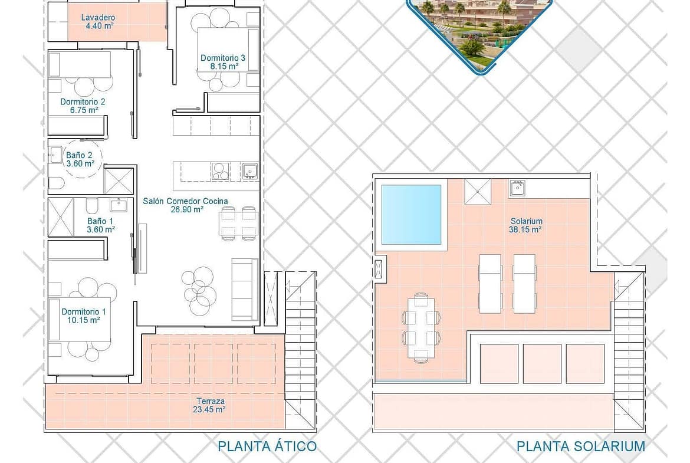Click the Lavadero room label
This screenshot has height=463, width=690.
coord(98,18)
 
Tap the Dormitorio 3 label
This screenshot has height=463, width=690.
coord(223,58)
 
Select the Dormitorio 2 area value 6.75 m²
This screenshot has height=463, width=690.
coord(84,110)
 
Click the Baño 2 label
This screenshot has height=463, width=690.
coord(79,155)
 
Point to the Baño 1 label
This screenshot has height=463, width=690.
coord(100,221)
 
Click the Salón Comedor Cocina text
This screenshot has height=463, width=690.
coord(185,201)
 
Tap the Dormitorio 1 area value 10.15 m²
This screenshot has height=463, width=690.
coord(84,320)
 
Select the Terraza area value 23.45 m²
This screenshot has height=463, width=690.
coord(209,409)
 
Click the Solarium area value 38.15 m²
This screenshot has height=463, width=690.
coord(525,229)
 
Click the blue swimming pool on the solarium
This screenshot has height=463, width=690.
coord(411,214)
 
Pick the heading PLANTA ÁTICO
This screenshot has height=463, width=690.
coord(267,446)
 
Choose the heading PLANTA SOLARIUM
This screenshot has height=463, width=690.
coord(581,446)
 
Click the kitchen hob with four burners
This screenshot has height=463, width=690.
coord(220,171)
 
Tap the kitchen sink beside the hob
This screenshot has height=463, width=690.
coord(249,171)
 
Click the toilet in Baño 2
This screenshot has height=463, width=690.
coord(57,183)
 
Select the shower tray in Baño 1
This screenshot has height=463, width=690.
coord(61,218)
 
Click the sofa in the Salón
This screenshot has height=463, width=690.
coord(245,289)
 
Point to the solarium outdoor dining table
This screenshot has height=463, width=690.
coord(421,327)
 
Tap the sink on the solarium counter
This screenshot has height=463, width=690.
coord(518,188)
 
